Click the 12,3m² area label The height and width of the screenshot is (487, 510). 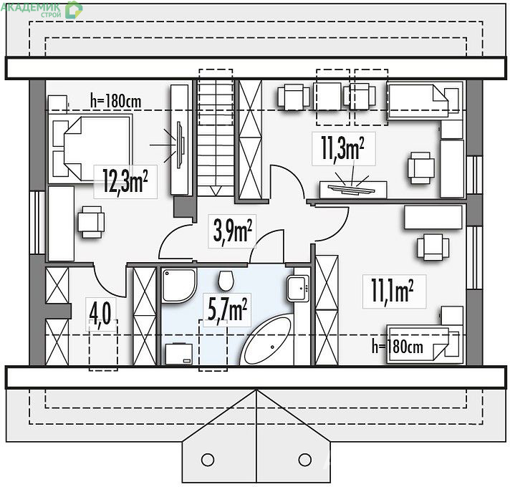(x=125, y=181)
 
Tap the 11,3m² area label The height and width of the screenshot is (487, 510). (x=342, y=148)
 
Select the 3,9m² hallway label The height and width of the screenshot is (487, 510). (x=233, y=231)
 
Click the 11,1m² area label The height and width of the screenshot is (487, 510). (x=393, y=291)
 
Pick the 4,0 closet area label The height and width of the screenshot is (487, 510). (x=100, y=314)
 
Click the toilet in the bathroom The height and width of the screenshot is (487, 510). (x=226, y=281)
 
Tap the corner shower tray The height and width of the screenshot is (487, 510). (x=179, y=286)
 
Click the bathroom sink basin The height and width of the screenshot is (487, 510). (x=297, y=289)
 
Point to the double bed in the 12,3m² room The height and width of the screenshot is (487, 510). (x=91, y=148)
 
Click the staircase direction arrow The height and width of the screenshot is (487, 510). (x=216, y=191)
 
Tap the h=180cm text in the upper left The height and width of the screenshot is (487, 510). (x=116, y=101)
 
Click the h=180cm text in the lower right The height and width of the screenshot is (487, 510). (x=398, y=347)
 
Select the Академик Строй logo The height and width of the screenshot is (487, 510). (x=42, y=9)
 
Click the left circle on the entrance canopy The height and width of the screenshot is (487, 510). (x=208, y=460)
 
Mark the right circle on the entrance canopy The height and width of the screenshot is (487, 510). (x=304, y=459)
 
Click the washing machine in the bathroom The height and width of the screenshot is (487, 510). (x=179, y=354)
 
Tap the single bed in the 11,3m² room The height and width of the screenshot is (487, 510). (x=423, y=100)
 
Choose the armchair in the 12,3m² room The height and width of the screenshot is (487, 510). (x=91, y=222)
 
